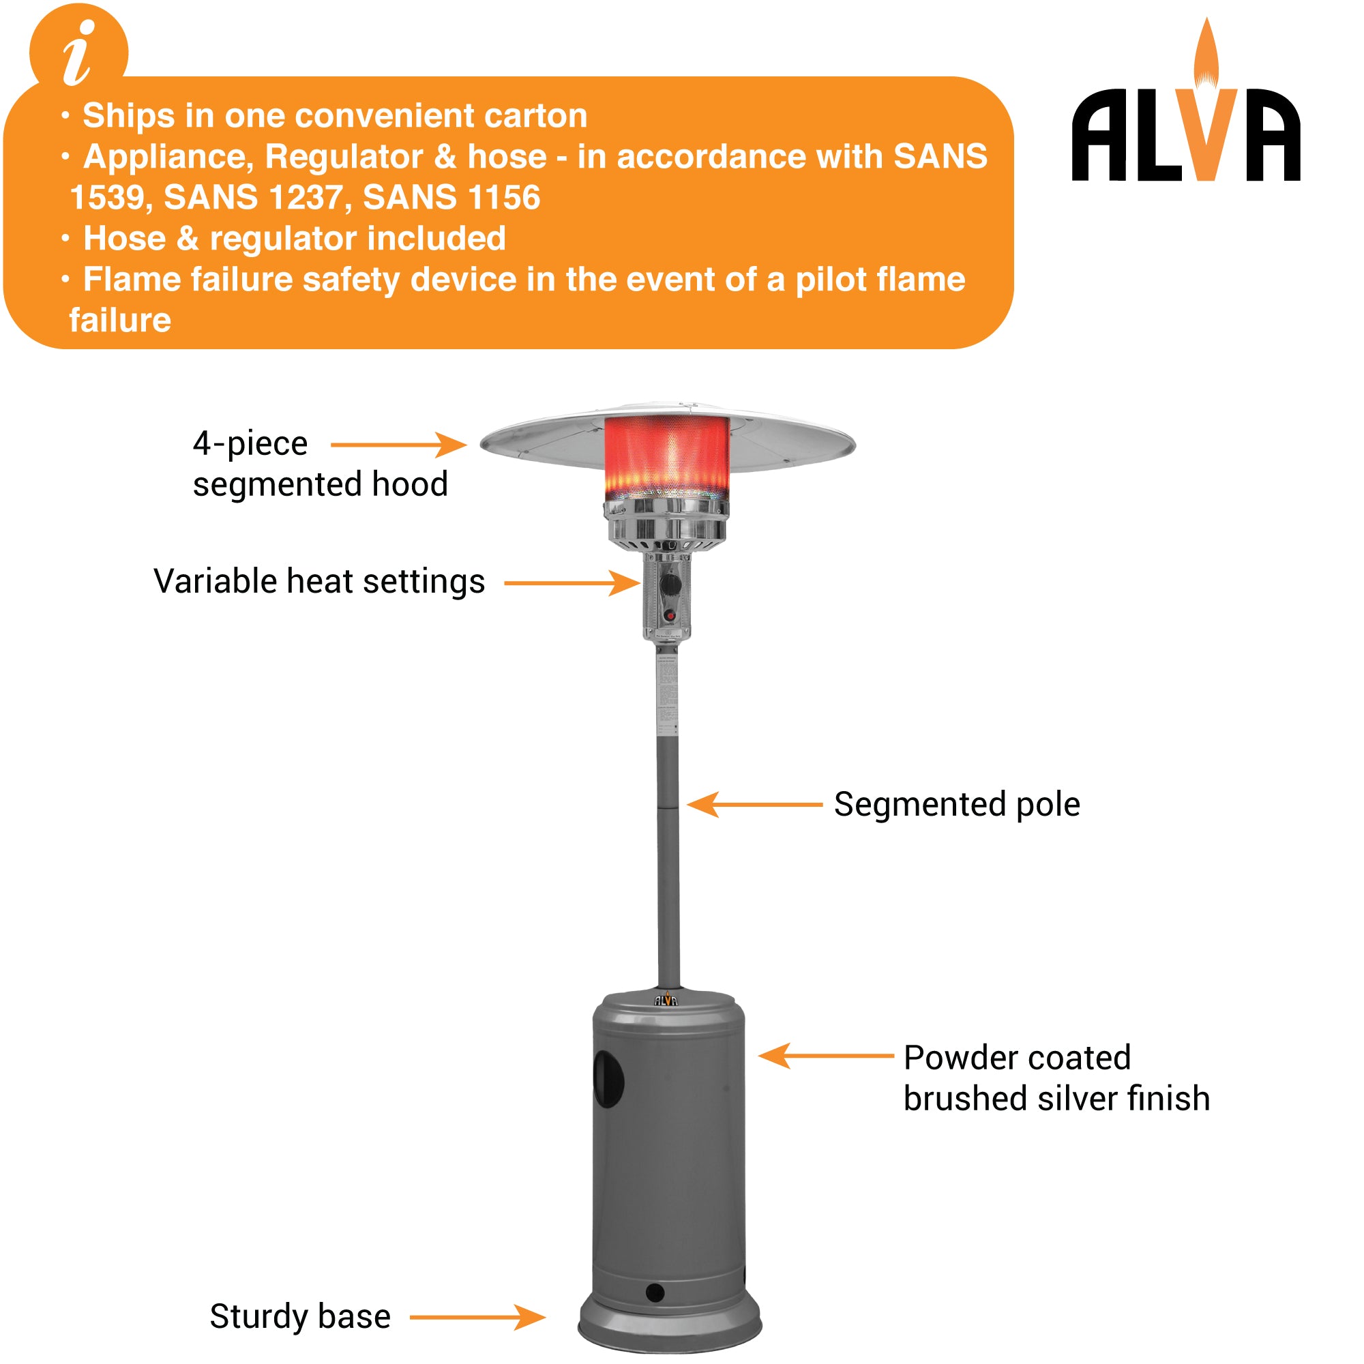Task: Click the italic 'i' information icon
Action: coord(78,53)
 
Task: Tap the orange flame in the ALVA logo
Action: coord(1206,60)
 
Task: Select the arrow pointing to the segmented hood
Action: coord(398,445)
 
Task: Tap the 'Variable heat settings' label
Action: coord(319,582)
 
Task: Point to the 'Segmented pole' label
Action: coord(957,805)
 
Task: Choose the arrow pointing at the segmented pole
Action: coord(754,804)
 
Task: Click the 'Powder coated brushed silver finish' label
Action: coord(1056,1078)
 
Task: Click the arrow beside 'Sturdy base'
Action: coord(477,1318)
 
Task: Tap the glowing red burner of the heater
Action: coord(666,456)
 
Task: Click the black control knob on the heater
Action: coord(670,584)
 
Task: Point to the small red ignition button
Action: coord(669,616)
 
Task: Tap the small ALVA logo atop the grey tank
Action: coord(666,1000)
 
